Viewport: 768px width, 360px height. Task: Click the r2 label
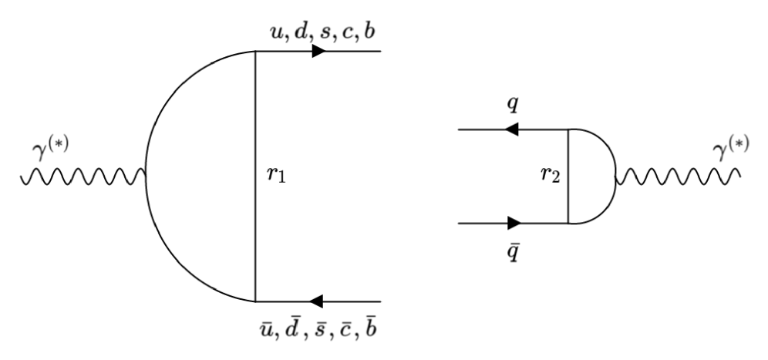(x=550, y=177)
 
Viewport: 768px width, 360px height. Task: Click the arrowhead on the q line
(x=510, y=130)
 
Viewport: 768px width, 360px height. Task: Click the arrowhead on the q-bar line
(x=514, y=224)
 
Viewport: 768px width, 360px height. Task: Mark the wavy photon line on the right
(x=679, y=178)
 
